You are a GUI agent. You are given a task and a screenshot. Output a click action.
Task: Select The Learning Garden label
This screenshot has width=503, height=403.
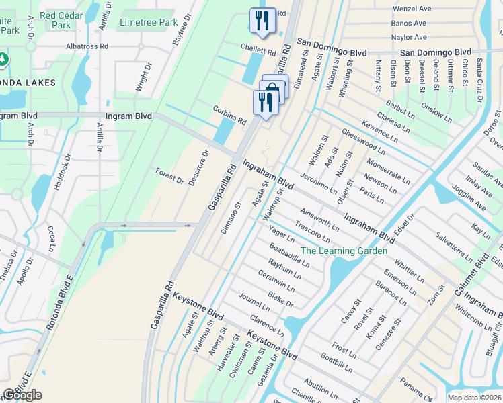click(x=344, y=251)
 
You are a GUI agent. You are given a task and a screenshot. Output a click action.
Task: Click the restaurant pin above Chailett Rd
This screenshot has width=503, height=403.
click(x=262, y=20)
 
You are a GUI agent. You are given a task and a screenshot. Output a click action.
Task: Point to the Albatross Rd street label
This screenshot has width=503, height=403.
click(x=86, y=47)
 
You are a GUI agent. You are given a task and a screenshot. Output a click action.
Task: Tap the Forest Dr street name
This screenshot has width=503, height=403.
click(x=169, y=175)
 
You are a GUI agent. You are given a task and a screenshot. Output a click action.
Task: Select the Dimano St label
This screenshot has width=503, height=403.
click(x=231, y=217)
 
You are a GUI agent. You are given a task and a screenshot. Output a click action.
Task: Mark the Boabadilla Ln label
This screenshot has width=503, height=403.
click(x=289, y=255)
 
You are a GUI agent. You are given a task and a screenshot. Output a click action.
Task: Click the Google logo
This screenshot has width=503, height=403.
click(x=22, y=395)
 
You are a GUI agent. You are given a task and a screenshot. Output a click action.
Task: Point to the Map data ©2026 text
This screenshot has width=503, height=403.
click(x=474, y=398)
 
